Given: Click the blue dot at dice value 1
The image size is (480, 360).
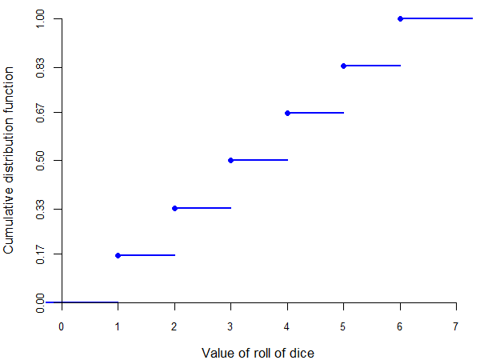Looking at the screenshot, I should tap(118, 255).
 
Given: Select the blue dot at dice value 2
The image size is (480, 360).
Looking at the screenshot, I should tap(174, 208).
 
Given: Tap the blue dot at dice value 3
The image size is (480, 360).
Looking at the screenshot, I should tap(230, 160).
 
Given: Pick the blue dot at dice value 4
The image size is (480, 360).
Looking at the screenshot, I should tap(287, 113).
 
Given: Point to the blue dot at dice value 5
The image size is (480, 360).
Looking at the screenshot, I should tap(343, 66).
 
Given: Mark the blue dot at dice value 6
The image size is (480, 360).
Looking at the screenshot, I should tap(400, 18).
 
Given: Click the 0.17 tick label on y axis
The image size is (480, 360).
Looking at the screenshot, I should tap(40, 255).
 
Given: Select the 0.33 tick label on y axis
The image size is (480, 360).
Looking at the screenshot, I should tap(40, 208).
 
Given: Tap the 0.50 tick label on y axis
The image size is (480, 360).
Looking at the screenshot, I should tap(40, 160).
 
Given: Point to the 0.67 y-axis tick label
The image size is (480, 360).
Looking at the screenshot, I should tap(40, 113).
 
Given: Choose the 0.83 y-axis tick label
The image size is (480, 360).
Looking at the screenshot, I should tap(40, 66).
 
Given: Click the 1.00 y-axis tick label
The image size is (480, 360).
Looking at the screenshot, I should tap(40, 18).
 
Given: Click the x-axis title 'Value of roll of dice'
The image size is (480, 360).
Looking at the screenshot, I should tap(258, 353).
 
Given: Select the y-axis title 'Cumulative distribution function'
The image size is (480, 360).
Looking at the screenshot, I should tap(9, 160).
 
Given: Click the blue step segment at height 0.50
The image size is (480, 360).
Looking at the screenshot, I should tap(260, 160).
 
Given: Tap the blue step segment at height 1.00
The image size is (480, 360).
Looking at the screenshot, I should tap(436, 18).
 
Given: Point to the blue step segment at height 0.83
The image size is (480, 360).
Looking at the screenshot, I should tap(373, 66).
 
